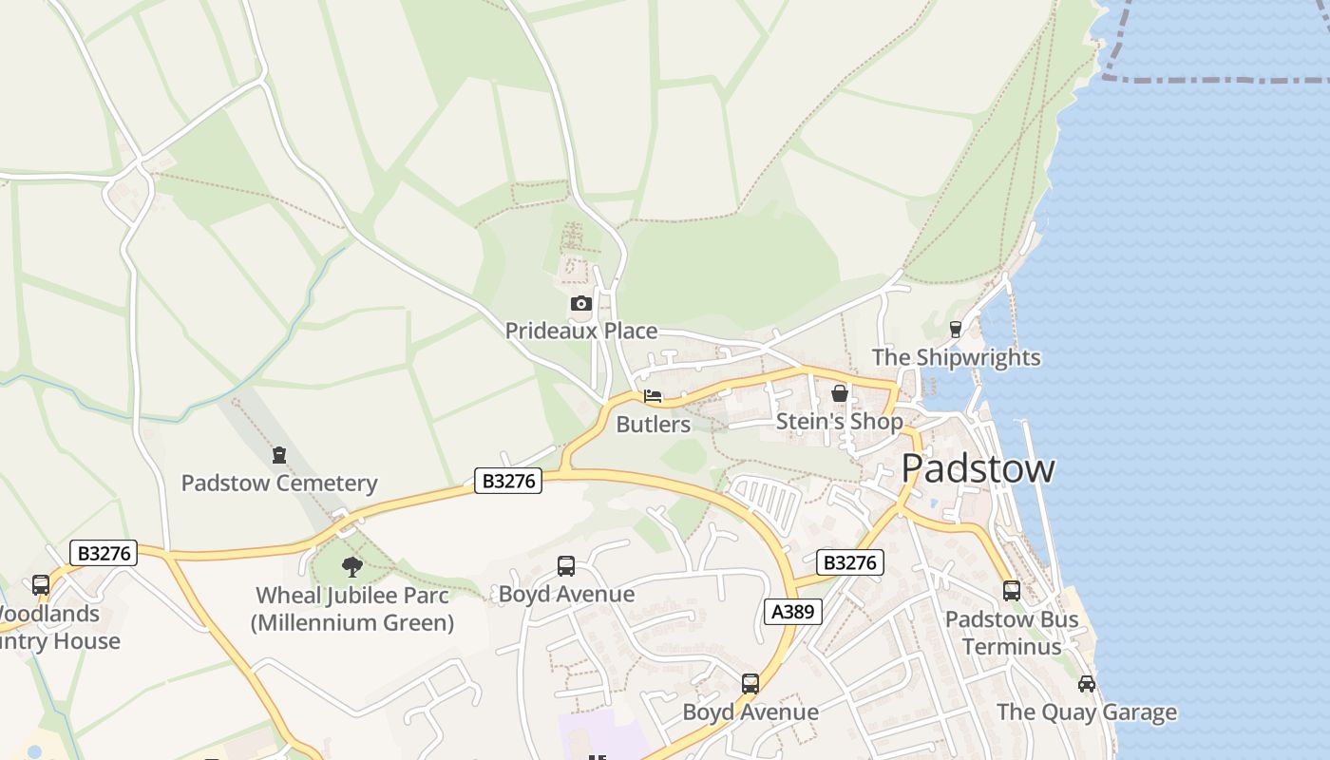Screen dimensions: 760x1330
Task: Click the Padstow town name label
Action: (x=978, y=468)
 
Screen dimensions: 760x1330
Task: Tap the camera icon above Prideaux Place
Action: (x=580, y=304)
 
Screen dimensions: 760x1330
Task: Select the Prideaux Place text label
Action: (x=580, y=331)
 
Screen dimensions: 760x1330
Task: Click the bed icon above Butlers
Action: (x=653, y=396)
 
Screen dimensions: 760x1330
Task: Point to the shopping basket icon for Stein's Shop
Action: (x=839, y=393)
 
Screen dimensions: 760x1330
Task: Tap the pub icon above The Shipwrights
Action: (x=956, y=330)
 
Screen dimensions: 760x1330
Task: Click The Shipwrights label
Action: (x=956, y=358)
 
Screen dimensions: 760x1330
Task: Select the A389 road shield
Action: (x=792, y=612)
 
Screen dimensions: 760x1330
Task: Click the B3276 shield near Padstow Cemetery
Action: (x=508, y=481)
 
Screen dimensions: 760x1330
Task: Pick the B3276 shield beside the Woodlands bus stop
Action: (x=104, y=553)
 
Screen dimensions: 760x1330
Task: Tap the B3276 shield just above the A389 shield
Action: (x=849, y=562)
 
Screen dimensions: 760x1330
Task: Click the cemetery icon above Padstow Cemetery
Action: (x=279, y=456)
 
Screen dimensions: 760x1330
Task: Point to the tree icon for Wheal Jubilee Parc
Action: (x=352, y=568)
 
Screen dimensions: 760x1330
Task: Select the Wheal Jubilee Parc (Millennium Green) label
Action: (x=352, y=609)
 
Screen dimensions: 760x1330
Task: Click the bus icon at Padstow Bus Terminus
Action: (x=1011, y=591)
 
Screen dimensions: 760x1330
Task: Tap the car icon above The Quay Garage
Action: (x=1087, y=684)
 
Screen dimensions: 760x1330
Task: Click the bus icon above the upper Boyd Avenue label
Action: (x=566, y=566)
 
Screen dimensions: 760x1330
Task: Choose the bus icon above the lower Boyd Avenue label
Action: (x=750, y=684)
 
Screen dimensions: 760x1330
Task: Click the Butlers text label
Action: (x=653, y=424)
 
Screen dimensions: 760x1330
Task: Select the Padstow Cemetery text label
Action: (x=279, y=483)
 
